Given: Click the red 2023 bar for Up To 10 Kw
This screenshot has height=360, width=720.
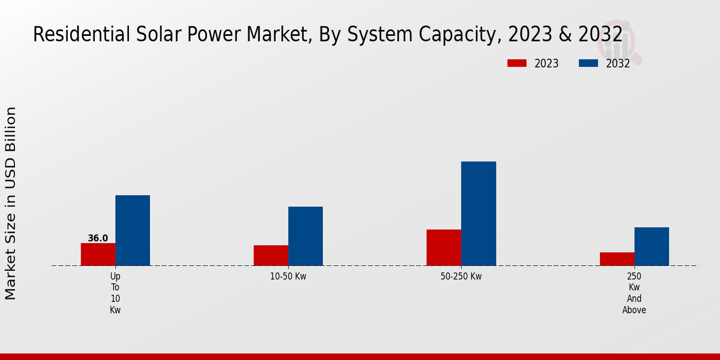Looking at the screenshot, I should tap(98, 254).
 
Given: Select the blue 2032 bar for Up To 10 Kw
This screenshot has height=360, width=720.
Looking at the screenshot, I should tap(133, 230).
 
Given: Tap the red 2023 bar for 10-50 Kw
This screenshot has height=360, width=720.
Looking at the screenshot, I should tap(271, 256).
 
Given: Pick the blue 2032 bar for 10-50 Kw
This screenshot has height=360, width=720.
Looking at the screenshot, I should tap(305, 236).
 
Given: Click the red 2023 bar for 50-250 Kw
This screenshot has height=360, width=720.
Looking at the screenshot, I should tap(444, 247).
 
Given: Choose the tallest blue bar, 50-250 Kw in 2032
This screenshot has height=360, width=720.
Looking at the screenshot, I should tap(479, 214).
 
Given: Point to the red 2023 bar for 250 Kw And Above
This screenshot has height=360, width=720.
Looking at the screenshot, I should tap(617, 259).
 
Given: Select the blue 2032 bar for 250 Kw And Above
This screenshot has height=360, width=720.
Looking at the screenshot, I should tap(652, 246).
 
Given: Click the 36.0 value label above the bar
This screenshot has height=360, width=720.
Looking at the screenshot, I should tap(98, 238).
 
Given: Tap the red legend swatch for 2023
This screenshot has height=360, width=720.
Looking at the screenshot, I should tap(517, 64).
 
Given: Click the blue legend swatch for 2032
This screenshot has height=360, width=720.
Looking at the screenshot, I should tap(588, 64).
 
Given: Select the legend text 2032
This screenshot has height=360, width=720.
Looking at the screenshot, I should tap(617, 64).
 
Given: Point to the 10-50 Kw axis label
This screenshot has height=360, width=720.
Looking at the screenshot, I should tap(288, 277).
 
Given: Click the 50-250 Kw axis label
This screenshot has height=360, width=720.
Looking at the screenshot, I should tap(461, 277).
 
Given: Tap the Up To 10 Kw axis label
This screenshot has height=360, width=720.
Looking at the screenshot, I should tap(115, 293).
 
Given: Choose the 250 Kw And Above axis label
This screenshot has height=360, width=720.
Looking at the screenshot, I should tap(634, 293).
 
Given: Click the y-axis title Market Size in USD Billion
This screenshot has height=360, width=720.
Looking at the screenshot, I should tap(11, 203).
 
